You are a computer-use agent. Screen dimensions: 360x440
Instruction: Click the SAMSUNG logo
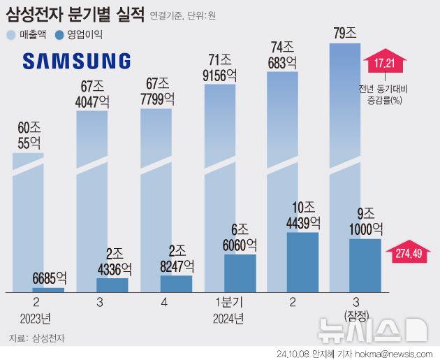[x=76, y=61]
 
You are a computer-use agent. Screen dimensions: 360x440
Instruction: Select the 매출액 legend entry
[x=27, y=34]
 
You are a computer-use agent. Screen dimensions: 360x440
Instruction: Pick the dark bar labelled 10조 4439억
[x=303, y=261]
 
